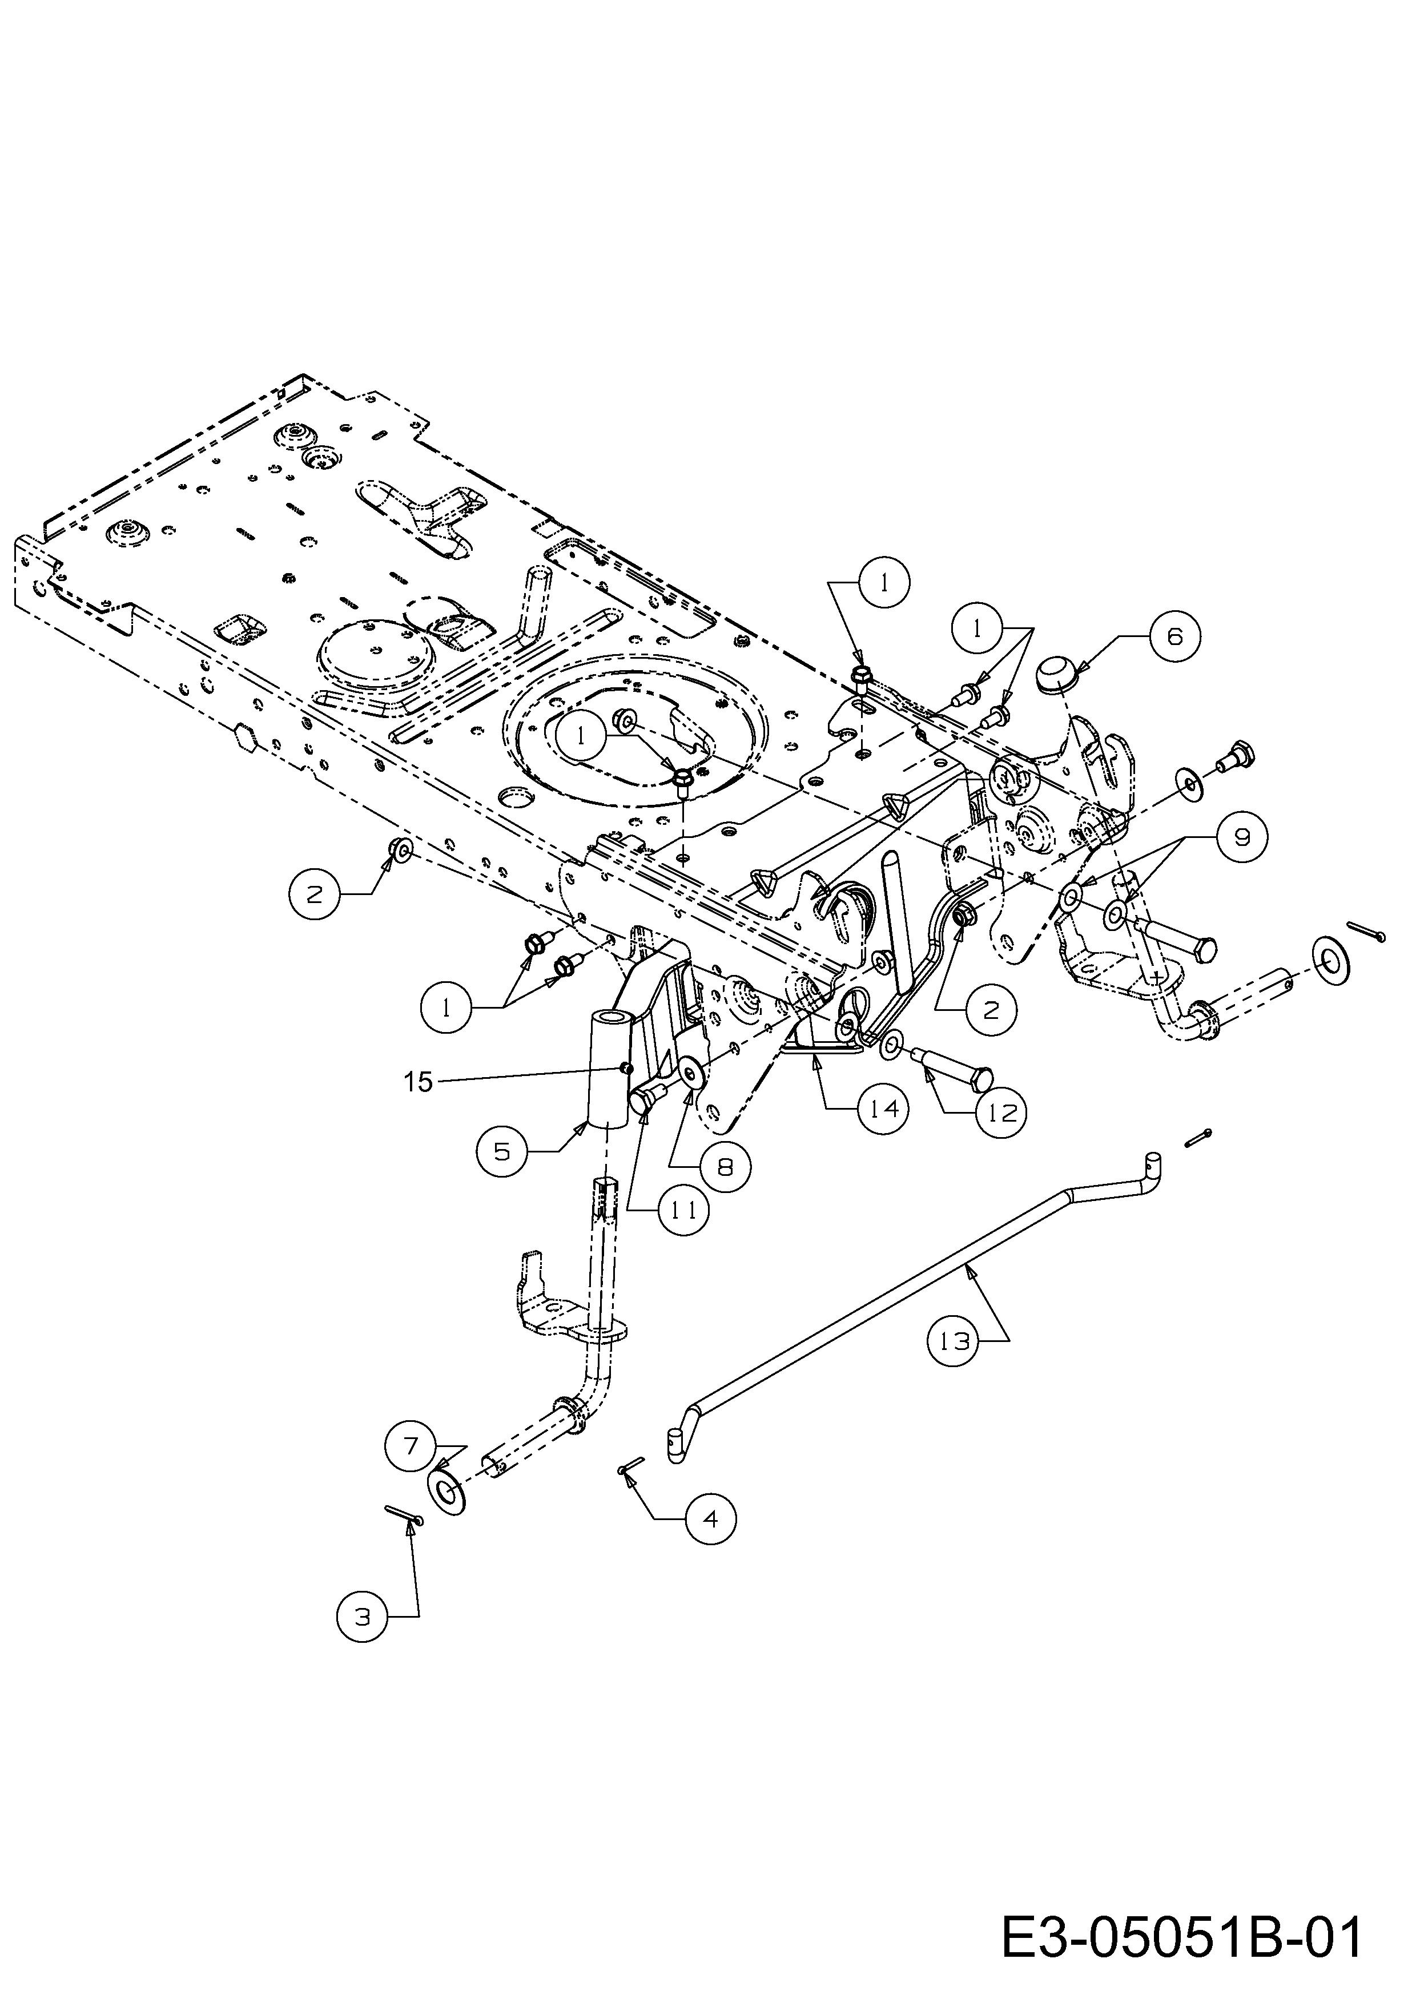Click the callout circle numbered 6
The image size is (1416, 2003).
click(x=1174, y=637)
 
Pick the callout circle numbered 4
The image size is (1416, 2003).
click(x=710, y=1519)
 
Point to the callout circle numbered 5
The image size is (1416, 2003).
click(x=502, y=1151)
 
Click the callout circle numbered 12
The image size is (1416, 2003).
click(x=1001, y=1113)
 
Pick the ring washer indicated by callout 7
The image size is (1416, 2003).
click(x=448, y=1493)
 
